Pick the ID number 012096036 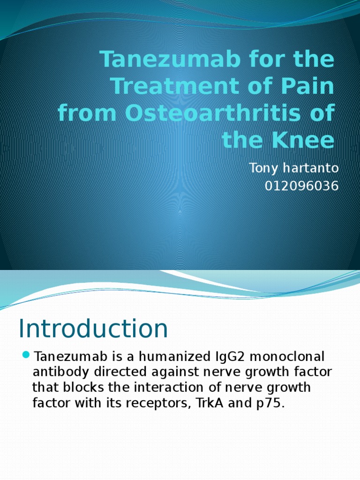coord(301,186)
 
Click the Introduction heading coord(93,329)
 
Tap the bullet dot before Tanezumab coord(26,354)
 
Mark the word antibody coord(59,373)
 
